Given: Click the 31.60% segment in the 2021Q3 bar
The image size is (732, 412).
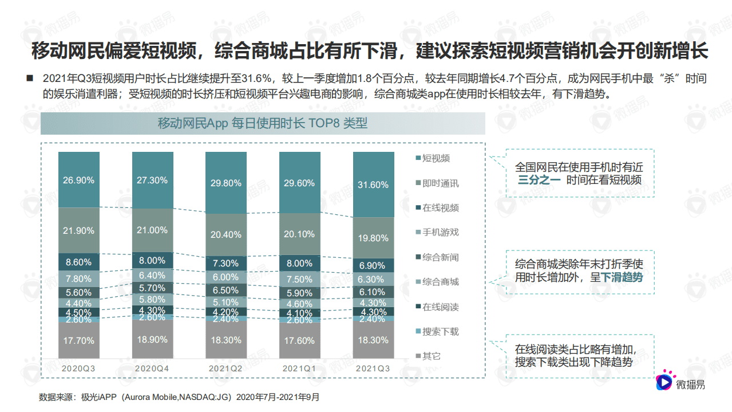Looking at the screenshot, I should (x=374, y=185).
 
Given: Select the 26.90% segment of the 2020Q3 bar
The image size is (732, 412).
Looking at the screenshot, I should (x=79, y=180).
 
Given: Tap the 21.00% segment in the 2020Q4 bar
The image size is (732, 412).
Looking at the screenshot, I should (x=153, y=230).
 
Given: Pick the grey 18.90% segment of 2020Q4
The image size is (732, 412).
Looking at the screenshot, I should (x=153, y=339).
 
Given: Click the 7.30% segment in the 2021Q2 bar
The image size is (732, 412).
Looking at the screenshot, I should (x=226, y=264).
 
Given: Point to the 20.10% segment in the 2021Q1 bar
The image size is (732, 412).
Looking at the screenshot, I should (x=299, y=234).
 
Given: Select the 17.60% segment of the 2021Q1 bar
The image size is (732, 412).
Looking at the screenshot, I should (x=299, y=340).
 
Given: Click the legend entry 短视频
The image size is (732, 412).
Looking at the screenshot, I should (x=436, y=158).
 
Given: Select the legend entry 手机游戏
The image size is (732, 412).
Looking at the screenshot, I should (x=440, y=233).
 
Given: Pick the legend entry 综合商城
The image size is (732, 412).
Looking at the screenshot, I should (x=440, y=282).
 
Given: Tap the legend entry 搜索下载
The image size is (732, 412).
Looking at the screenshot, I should (x=440, y=332).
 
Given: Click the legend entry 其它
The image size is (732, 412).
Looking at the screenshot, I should (x=432, y=356).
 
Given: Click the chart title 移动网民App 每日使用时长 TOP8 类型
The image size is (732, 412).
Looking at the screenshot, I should (x=263, y=124).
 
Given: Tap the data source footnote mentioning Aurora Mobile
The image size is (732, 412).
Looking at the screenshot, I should (x=179, y=397).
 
